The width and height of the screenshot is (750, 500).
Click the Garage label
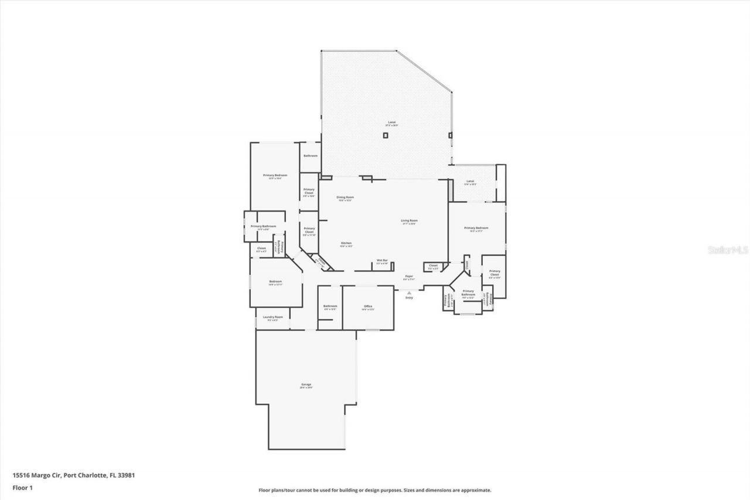click(x=306, y=385)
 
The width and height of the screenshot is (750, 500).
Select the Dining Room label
click(x=345, y=198)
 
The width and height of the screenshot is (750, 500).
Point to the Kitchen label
click(x=346, y=244)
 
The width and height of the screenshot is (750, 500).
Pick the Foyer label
click(x=409, y=277)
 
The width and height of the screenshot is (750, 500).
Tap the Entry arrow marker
click(x=409, y=292)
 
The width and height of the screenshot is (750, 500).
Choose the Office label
click(x=368, y=307)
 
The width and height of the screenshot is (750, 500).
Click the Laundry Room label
click(x=272, y=318)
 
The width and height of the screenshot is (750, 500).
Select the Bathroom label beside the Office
click(x=330, y=307)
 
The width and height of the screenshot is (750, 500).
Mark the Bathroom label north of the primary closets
click(x=310, y=156)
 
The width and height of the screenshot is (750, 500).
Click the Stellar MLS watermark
click(x=728, y=249)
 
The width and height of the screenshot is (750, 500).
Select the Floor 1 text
click(x=22, y=487)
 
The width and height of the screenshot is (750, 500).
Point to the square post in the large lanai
click(x=386, y=135)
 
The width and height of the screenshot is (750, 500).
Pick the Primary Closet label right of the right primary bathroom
click(x=495, y=274)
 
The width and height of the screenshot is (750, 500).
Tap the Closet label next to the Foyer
click(x=433, y=266)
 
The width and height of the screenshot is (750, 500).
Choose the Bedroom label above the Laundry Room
click(x=275, y=283)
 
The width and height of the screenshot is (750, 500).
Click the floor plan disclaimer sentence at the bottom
click(x=375, y=490)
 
